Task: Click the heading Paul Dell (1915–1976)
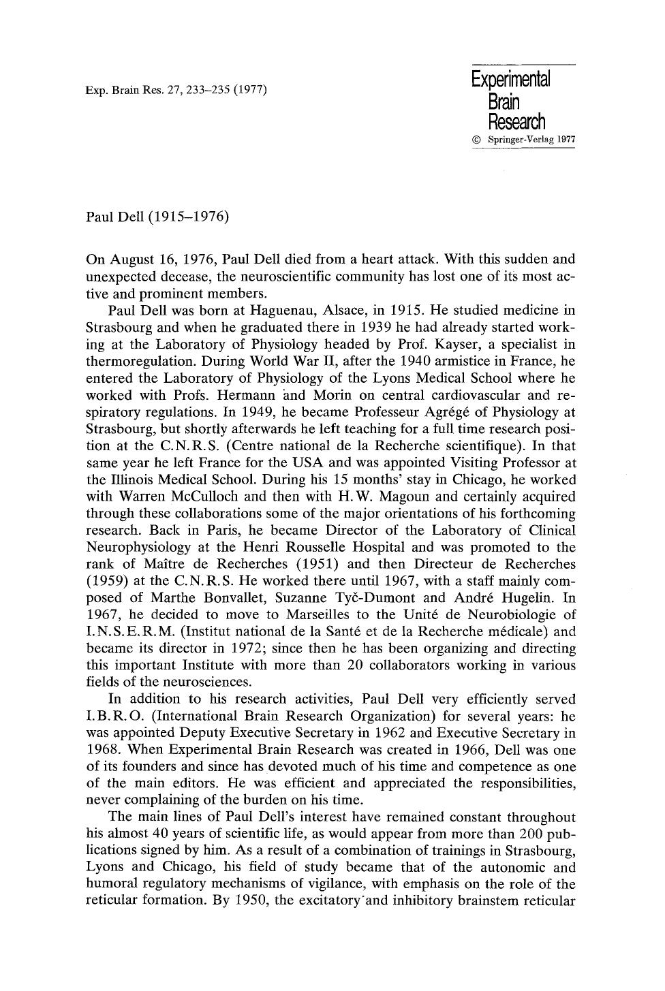pos(157,217)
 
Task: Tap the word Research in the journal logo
pos(516,122)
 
